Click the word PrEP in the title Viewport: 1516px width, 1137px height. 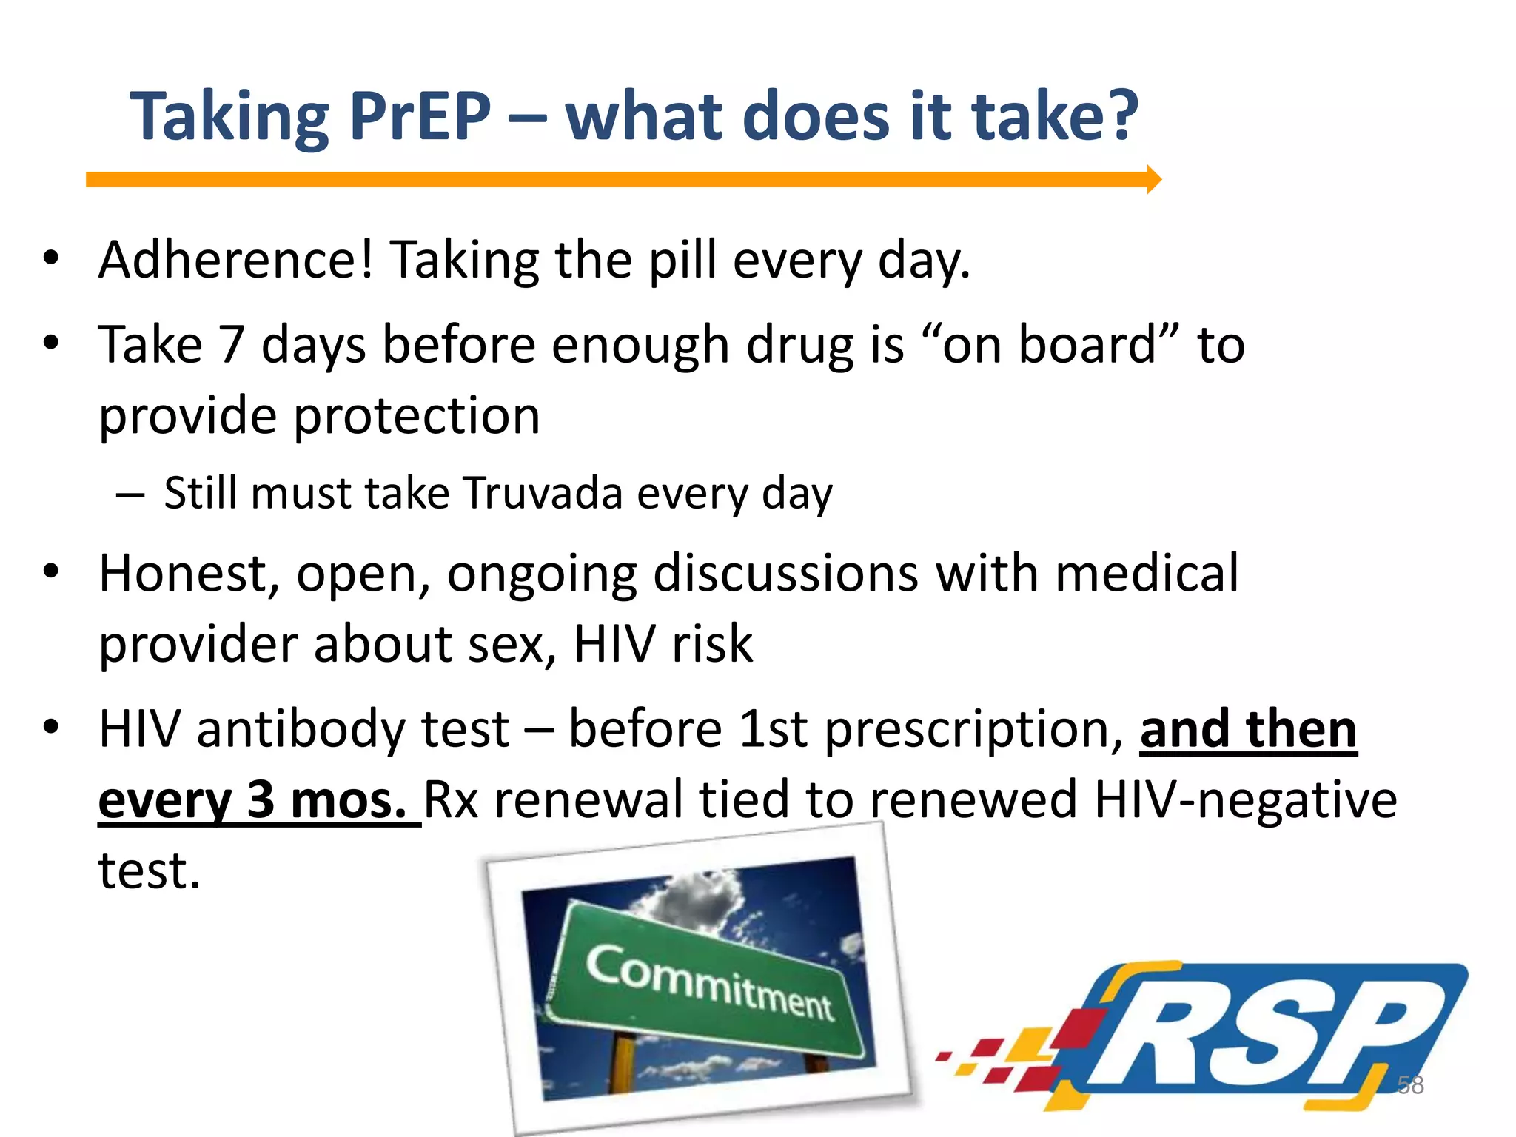point(420,116)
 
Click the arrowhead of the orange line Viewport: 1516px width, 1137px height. point(1154,179)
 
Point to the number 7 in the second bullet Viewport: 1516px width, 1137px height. point(232,345)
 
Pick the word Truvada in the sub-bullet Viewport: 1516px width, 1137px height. point(543,494)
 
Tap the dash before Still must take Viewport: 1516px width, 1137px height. point(130,494)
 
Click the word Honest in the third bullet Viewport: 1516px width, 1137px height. point(189,574)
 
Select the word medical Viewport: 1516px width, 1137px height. point(1147,573)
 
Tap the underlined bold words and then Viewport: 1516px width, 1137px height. point(1248,730)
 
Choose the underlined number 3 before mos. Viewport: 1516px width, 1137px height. point(261,800)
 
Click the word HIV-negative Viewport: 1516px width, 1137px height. point(1245,800)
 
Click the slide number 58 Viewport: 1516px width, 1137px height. point(1409,1085)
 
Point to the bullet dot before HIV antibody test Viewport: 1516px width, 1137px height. point(50,727)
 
